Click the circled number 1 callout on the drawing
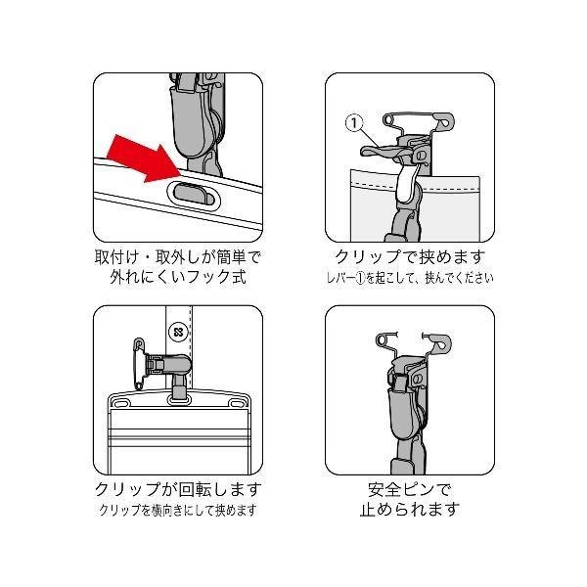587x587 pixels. tap(354, 124)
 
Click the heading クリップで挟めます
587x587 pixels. tap(410, 257)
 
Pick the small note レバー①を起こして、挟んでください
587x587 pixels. tap(410, 278)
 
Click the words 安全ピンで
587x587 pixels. tap(410, 488)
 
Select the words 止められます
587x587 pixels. tap(410, 510)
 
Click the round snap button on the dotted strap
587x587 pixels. tap(178, 331)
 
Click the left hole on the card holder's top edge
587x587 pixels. tap(124, 402)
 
